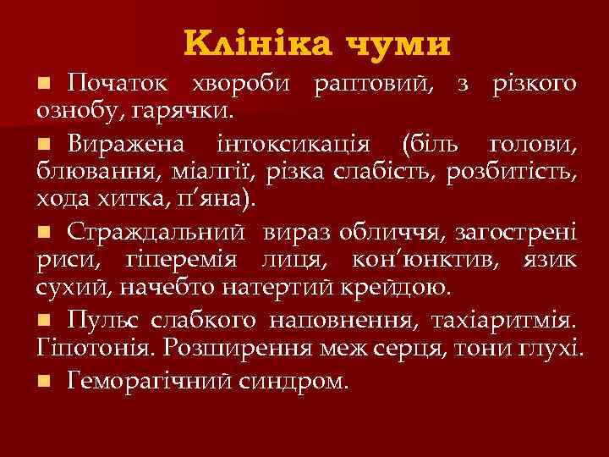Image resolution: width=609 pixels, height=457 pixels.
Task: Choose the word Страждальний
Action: click(x=160, y=231)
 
